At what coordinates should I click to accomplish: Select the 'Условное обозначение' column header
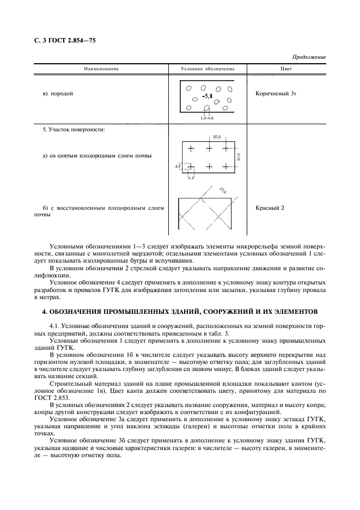[x=208, y=69]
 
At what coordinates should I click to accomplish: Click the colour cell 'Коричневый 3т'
[x=276, y=94]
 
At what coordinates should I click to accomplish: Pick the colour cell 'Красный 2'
[x=270, y=208]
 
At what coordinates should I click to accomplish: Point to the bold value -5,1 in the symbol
[x=207, y=96]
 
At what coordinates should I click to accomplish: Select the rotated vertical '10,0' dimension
[x=239, y=157]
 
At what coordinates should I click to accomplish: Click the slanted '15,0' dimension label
[x=223, y=190]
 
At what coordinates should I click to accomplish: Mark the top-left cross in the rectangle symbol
[x=191, y=148]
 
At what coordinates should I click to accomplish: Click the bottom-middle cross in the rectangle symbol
[x=209, y=166]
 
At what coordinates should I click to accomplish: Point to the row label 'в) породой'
[x=58, y=94]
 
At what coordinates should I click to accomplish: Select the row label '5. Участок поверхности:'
[x=74, y=130]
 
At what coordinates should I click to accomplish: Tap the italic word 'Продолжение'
[x=309, y=57]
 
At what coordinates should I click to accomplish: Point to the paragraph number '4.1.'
[x=57, y=325]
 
